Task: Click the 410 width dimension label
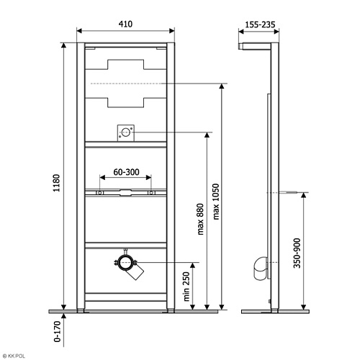(x=125, y=24)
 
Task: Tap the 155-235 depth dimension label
(x=260, y=24)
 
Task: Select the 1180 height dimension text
(x=56, y=183)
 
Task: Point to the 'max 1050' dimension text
(x=216, y=202)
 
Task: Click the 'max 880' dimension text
(x=200, y=219)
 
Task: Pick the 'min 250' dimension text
(x=186, y=287)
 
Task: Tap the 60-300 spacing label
(x=126, y=172)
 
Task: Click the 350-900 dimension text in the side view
(x=297, y=253)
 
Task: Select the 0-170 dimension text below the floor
(x=58, y=331)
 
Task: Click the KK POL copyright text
(x=13, y=356)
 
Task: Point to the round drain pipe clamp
(x=125, y=263)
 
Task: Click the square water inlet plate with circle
(x=126, y=132)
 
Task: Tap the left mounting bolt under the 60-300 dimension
(x=99, y=192)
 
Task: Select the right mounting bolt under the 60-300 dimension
(x=151, y=192)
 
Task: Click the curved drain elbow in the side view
(x=260, y=269)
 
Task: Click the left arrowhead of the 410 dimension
(x=79, y=31)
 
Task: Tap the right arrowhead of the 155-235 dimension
(x=276, y=32)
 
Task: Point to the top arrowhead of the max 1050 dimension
(x=222, y=86)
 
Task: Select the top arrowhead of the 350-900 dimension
(x=304, y=195)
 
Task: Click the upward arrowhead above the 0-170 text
(x=63, y=316)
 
